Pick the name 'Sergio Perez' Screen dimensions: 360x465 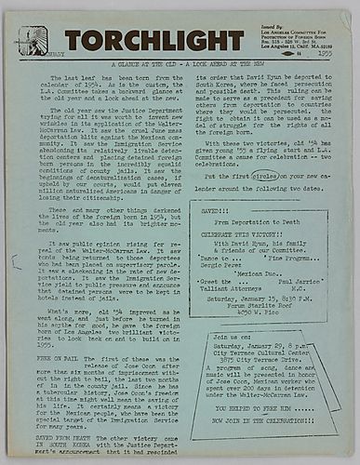pyautogui.click(x=220, y=265)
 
